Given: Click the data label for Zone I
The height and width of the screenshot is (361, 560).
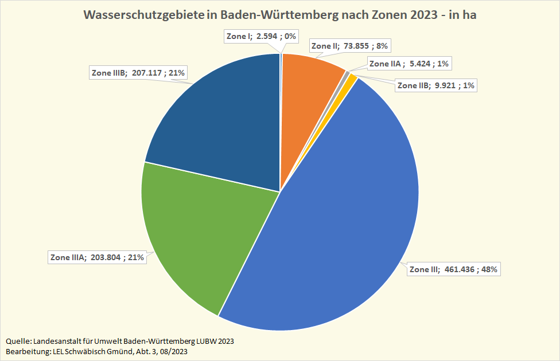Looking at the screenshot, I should tap(260, 36).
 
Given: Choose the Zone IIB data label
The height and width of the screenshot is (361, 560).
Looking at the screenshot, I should tap(435, 86).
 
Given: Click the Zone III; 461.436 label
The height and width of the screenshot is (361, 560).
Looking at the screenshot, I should tap(453, 269).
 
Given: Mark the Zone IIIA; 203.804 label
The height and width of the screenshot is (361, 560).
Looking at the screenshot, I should tap(97, 257).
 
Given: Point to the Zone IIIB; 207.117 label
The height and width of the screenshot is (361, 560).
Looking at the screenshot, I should tap(138, 73).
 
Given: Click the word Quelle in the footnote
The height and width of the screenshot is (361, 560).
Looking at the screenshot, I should tap(17, 341).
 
